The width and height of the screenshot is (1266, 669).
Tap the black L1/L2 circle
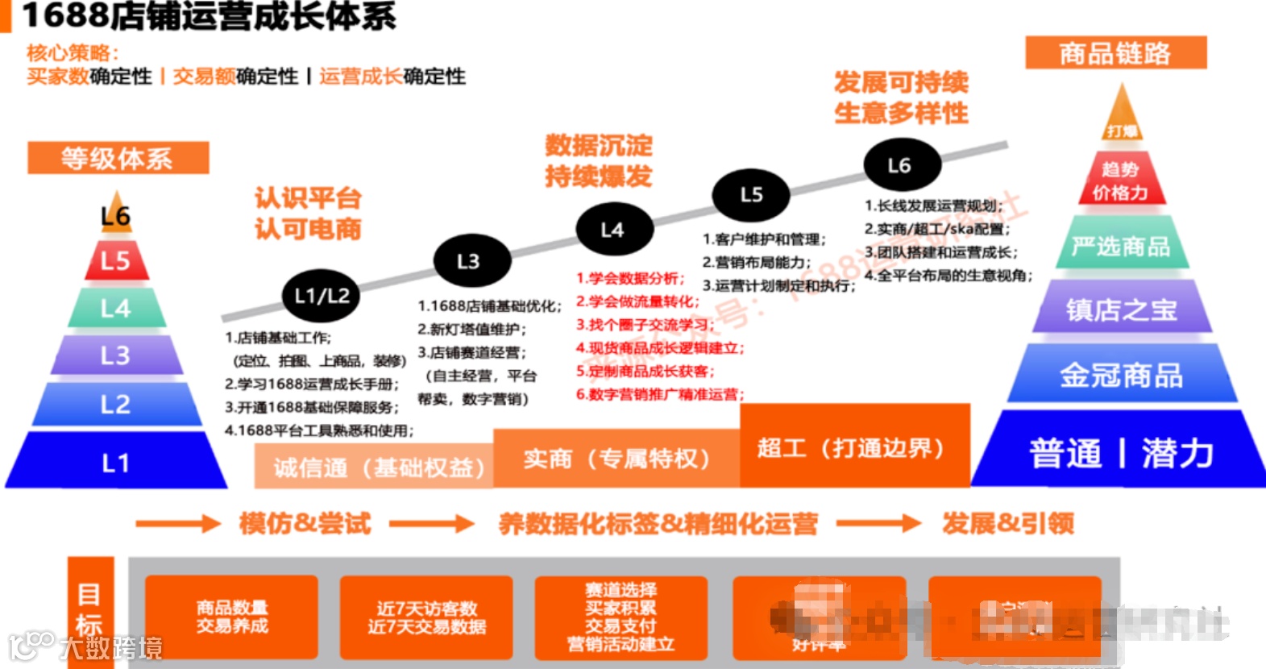coord(322,296)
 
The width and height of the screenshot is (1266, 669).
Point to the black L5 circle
coord(751,194)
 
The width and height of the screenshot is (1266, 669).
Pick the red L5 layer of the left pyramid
coord(116,260)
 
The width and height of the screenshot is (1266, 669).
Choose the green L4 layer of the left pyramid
coord(116,308)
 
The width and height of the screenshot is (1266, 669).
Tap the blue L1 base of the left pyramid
coord(116,461)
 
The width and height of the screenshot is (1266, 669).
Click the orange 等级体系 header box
coord(118,158)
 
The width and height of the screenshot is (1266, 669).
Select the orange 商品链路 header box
coord(1115,53)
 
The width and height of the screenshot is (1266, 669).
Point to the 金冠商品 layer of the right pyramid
coord(1121,375)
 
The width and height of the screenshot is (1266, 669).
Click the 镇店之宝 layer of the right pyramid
coord(1121,310)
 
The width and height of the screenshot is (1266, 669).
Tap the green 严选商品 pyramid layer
coord(1121,246)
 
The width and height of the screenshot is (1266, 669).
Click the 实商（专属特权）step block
coord(616,459)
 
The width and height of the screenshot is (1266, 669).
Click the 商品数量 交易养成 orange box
coord(232,617)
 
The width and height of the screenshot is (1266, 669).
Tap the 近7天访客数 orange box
coord(426,617)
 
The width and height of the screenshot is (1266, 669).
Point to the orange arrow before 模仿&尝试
coord(176,524)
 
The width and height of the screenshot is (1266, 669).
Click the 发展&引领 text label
coord(1008,524)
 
